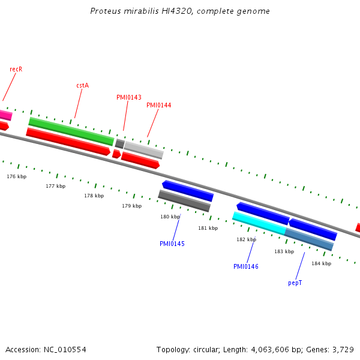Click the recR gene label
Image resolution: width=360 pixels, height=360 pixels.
click(x=16, y=69)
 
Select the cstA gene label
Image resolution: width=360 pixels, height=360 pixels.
click(x=82, y=85)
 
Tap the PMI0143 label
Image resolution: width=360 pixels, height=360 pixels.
click(x=129, y=97)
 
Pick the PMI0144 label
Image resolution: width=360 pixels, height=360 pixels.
click(x=159, y=105)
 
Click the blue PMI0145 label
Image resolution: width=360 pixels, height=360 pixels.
click(x=172, y=244)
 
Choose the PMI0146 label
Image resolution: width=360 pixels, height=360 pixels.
click(x=246, y=266)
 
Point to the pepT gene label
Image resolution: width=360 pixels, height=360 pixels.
click(x=295, y=282)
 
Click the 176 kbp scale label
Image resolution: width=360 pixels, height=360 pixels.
click(x=17, y=176)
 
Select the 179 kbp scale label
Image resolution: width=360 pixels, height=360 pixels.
click(x=132, y=206)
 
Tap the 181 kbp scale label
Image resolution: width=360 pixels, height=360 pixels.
click(x=208, y=228)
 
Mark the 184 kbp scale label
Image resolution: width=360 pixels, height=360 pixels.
click(x=321, y=263)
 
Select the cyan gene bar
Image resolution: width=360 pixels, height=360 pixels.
click(x=259, y=223)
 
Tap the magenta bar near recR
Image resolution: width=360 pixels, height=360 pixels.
click(x=5, y=115)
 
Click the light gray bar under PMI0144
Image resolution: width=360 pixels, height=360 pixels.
click(x=143, y=149)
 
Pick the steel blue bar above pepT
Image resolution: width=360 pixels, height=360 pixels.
click(x=309, y=239)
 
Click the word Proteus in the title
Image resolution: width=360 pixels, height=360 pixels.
click(x=104, y=11)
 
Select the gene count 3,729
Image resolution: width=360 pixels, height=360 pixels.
click(x=343, y=349)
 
